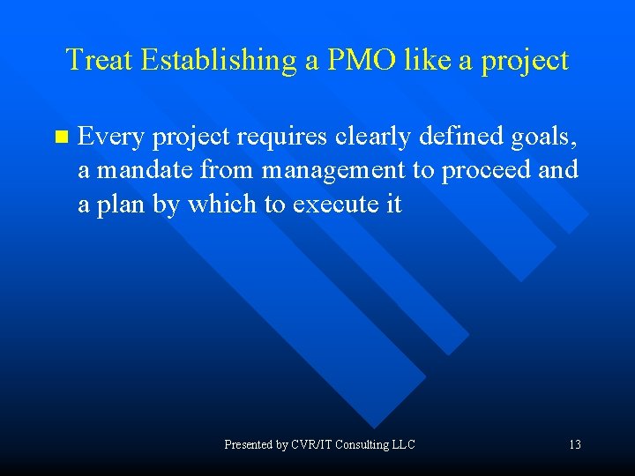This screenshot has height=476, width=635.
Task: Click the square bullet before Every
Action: (61, 137)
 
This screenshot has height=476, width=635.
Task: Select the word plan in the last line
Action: (117, 205)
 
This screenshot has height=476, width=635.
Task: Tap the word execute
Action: (334, 205)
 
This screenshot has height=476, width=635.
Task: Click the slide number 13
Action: (574, 445)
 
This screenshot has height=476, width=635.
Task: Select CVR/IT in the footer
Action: (312, 445)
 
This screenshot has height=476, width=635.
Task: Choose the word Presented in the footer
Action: (249, 445)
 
